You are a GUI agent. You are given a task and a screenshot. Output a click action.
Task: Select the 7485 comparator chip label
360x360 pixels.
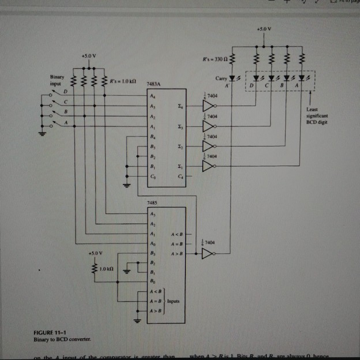[152, 203]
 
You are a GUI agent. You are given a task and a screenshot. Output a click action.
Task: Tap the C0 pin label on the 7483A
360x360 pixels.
[152, 176]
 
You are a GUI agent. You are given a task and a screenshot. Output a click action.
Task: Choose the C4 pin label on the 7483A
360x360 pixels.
[181, 176]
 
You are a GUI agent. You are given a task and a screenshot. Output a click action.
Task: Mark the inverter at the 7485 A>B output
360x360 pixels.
[208, 253]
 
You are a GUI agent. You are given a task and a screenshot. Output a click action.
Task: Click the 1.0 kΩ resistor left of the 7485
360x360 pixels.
[96, 269]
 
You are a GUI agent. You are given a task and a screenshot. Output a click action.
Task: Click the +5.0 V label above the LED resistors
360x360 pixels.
[264, 28]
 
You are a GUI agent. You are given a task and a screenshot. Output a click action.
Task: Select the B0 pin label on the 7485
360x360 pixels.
[152, 281]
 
